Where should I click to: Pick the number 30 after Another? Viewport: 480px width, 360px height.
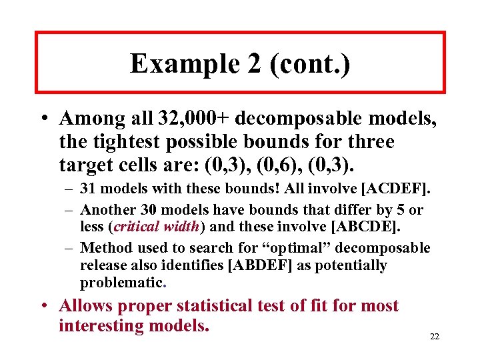click(x=165, y=210)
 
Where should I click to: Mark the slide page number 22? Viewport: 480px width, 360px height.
click(x=434, y=336)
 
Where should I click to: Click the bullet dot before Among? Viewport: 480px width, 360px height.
click(x=43, y=119)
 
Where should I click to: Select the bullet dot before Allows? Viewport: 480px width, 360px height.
click(x=43, y=307)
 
